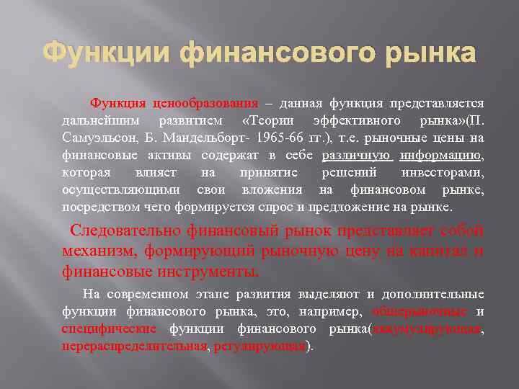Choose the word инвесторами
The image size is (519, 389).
coord(443,172)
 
